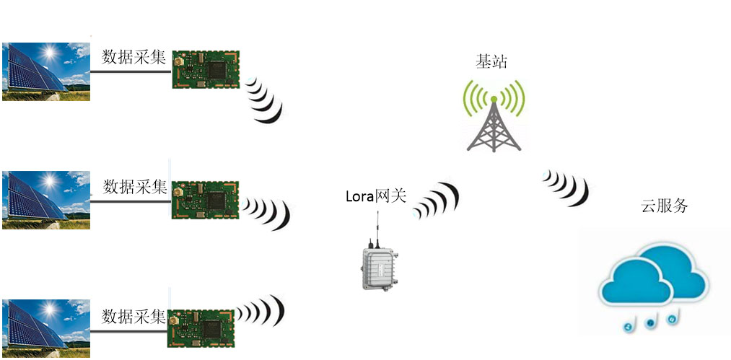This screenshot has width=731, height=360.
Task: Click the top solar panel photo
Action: click(x=46, y=71)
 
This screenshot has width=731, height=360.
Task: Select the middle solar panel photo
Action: click(x=46, y=200)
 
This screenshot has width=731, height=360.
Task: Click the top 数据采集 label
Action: click(x=134, y=57)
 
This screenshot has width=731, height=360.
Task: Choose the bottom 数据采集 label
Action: click(x=134, y=316)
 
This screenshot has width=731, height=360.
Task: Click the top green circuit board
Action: click(x=206, y=69)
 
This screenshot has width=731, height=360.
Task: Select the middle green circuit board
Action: click(x=205, y=199)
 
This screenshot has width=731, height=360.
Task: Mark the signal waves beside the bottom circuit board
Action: click(x=261, y=312)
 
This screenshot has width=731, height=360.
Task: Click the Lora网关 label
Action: click(x=376, y=196)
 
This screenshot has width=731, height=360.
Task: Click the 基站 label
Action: click(x=492, y=61)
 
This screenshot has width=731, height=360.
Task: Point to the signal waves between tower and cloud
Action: click(x=566, y=187)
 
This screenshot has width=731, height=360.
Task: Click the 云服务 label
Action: click(x=665, y=206)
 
